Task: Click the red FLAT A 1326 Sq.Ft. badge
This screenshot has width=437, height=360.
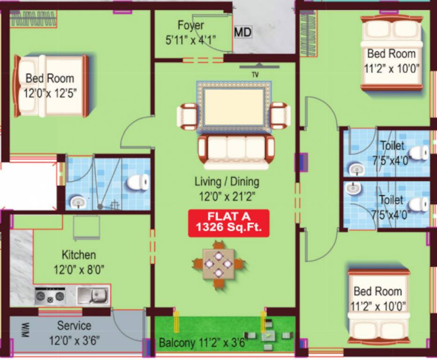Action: (229, 223)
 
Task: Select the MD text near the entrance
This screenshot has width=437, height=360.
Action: (243, 32)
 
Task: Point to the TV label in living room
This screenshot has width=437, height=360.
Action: (255, 74)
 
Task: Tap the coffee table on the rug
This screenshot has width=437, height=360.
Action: (234, 107)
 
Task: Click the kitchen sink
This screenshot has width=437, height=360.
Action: (92, 295)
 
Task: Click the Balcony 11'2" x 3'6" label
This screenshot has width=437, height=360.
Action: (203, 343)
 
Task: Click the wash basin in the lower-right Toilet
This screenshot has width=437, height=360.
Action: (354, 188)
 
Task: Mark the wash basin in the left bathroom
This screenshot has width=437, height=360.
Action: (77, 202)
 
